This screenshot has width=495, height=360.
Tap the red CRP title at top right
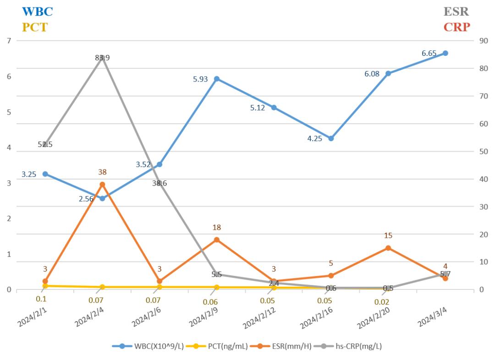tap(456, 27)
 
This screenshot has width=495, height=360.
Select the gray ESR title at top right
tap(456, 11)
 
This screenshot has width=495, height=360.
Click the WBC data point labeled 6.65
tap(445, 53)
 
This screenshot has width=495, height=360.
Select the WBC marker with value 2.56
tap(102, 198)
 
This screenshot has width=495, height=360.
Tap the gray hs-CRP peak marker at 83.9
tap(102, 58)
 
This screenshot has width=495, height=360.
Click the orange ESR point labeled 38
tap(102, 185)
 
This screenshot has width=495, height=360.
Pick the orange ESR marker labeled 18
tap(217, 240)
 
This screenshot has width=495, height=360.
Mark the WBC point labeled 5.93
tap(217, 79)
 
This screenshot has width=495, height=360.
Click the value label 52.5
tap(45, 144)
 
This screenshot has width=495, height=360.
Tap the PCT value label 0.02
tap(381, 302)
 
